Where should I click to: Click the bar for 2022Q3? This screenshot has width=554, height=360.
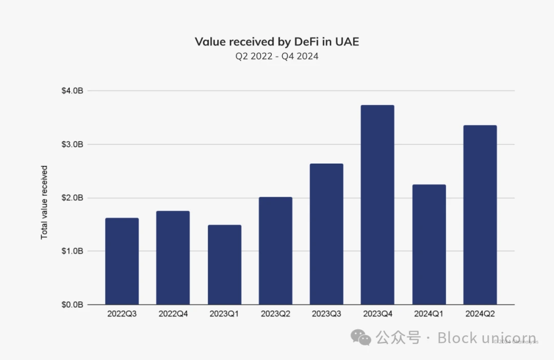click(122, 261)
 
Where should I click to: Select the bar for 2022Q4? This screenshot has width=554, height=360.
click(173, 257)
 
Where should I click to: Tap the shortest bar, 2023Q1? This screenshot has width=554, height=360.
click(224, 265)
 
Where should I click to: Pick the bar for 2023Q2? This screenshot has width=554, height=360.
click(275, 251)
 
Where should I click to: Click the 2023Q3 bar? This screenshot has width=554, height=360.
click(326, 234)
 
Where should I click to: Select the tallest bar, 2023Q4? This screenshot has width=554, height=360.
click(378, 205)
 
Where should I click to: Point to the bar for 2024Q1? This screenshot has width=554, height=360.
click(429, 244)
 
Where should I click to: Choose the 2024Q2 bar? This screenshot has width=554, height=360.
click(480, 215)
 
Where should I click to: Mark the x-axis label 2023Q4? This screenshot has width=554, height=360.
click(378, 313)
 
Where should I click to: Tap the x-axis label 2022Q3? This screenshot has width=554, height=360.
click(122, 313)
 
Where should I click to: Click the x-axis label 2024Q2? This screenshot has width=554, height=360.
click(480, 313)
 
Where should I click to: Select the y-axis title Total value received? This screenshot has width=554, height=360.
click(44, 202)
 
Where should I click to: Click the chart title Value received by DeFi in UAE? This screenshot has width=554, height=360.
click(277, 42)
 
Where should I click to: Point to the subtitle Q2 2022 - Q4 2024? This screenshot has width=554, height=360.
click(277, 56)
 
